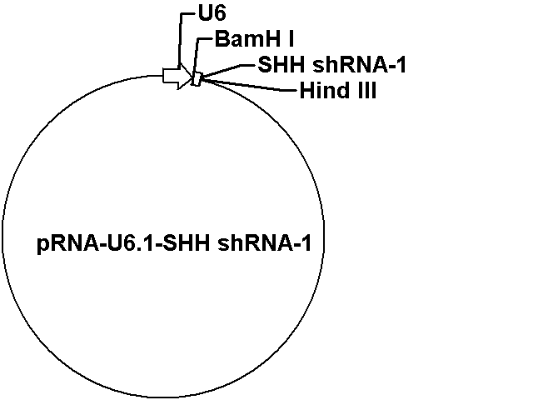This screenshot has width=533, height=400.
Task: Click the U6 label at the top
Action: tap(212, 14)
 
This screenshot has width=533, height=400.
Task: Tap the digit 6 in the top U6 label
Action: tap(220, 14)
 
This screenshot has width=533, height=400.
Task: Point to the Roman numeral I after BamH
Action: tap(291, 39)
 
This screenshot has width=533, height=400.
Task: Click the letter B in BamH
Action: tap(222, 39)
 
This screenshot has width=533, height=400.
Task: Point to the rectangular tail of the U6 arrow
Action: tap(171, 76)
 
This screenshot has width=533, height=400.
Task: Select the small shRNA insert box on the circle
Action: tap(197, 79)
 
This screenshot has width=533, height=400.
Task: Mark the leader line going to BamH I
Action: tap(197, 56)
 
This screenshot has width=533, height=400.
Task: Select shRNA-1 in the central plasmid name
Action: tap(264, 243)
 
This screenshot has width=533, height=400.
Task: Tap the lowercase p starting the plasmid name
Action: tap(42, 246)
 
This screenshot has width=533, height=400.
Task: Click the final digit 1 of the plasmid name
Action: tap(306, 243)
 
